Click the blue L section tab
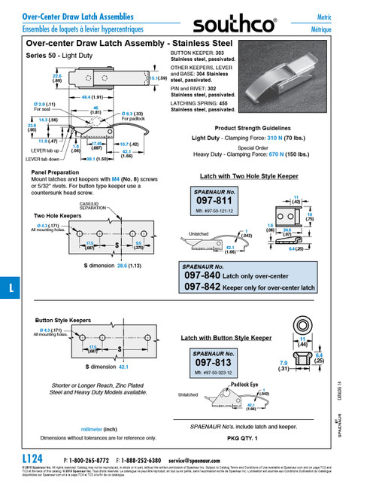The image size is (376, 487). (x=9, y=288)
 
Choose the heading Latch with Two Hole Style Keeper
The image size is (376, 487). (x=239, y=175)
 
